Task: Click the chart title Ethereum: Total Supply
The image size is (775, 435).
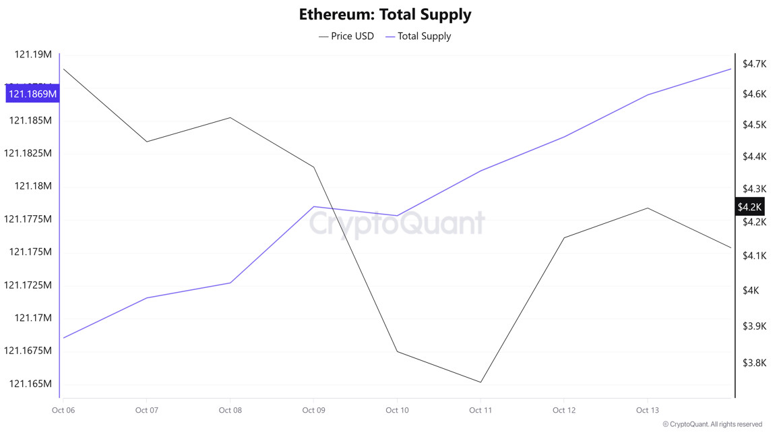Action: click(385, 14)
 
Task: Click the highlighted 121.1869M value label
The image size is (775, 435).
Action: click(32, 94)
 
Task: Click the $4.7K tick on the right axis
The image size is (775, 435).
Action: click(753, 64)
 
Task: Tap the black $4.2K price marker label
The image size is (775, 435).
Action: click(749, 207)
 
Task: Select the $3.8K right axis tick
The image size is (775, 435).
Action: click(753, 363)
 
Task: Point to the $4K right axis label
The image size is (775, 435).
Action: click(751, 291)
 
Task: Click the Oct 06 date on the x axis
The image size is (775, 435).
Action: click(63, 410)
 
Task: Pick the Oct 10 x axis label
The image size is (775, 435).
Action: click(397, 410)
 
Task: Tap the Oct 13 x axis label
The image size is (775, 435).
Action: click(647, 410)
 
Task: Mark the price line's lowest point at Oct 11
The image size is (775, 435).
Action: click(480, 382)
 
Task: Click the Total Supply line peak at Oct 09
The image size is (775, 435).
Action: click(313, 206)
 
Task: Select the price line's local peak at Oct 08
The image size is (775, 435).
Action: click(230, 117)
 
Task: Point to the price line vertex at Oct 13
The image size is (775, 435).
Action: click(648, 208)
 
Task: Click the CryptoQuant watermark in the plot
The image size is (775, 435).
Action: click(397, 224)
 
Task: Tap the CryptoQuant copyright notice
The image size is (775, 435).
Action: click(712, 425)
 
